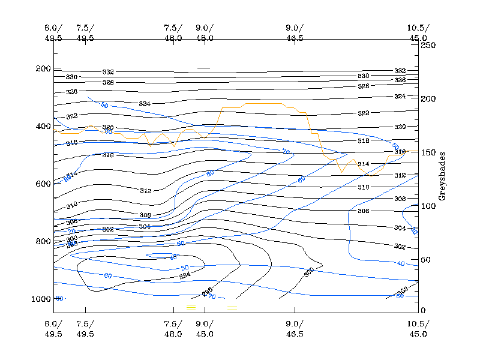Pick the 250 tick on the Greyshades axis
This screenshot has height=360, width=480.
pyautogui.click(x=428, y=45)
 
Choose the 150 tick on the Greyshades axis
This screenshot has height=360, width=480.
pyautogui.click(x=428, y=152)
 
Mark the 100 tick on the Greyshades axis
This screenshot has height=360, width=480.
pyautogui.click(x=428, y=206)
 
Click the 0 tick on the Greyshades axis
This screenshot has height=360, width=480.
pyautogui.click(x=423, y=310)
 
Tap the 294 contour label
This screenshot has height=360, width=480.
pyautogui.click(x=185, y=276)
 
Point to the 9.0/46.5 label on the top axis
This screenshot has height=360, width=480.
pyautogui.click(x=295, y=33)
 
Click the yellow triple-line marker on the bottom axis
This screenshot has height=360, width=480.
pyautogui.click(x=191, y=307)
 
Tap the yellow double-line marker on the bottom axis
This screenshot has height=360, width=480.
pyautogui.click(x=232, y=308)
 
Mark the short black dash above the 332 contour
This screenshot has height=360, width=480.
pyautogui.click(x=203, y=68)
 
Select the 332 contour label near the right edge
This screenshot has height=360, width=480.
pyautogui.click(x=400, y=71)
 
